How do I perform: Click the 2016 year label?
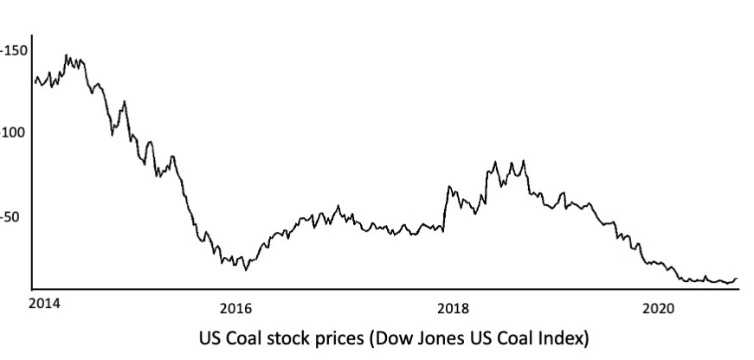(x=235, y=307)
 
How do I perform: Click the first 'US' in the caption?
(x=210, y=336)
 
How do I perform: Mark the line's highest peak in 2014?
(x=68, y=55)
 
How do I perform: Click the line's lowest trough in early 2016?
(x=246, y=269)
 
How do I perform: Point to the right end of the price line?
(x=737, y=279)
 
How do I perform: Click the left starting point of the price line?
(x=35, y=80)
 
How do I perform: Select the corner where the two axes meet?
(x=31, y=287)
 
